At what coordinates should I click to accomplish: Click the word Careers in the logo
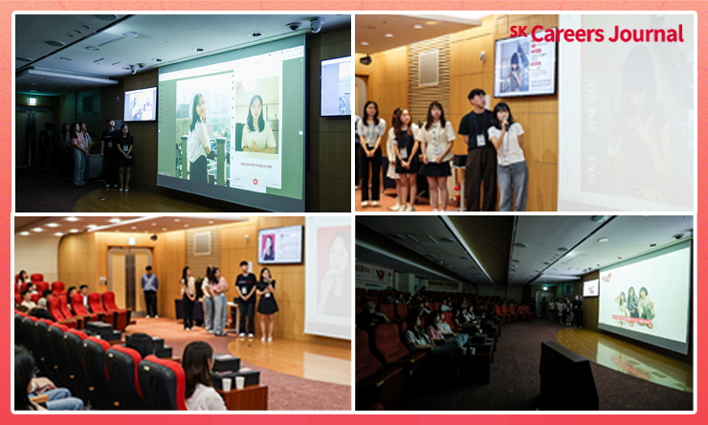click(x=567, y=34)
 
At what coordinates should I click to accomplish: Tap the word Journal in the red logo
click(x=646, y=34)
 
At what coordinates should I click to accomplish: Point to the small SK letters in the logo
click(x=519, y=31)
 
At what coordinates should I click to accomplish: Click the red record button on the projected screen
click(x=255, y=182)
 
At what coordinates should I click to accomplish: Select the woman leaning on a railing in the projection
click(x=199, y=137)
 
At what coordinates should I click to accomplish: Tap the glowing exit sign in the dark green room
click(x=33, y=101)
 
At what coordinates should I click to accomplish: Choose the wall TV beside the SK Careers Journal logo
click(x=524, y=66)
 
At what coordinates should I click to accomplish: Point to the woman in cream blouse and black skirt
click(x=434, y=155)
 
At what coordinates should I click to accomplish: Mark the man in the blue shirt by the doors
click(x=150, y=291)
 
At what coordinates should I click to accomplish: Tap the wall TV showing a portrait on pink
click(x=280, y=244)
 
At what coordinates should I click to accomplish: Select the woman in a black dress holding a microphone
click(x=267, y=303)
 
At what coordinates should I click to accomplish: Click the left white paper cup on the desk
click(x=227, y=384)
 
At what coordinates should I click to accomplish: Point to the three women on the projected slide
click(x=635, y=303)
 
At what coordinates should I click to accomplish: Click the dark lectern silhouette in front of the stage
click(x=567, y=375)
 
